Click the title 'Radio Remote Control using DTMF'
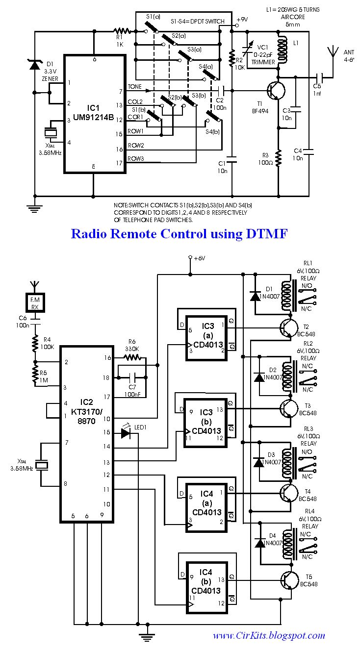point(179,233)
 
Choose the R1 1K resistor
point(122,32)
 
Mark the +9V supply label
point(243,20)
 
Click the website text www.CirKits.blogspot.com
point(269,636)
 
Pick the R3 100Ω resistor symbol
point(278,156)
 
